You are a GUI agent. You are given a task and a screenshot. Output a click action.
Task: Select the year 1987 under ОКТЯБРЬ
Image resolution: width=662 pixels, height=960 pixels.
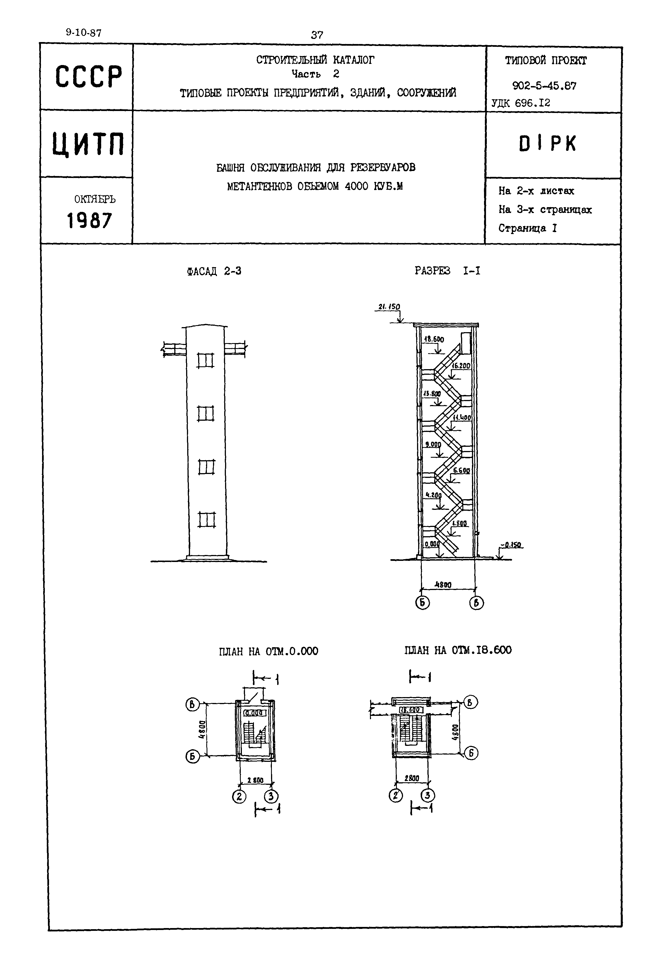click(90, 220)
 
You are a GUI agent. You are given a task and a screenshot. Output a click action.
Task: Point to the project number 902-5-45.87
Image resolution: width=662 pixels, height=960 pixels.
click(544, 86)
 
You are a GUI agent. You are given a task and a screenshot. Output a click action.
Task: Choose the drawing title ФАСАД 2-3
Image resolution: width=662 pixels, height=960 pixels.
click(214, 271)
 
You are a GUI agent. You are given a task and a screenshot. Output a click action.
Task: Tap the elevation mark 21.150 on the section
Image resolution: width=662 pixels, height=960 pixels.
click(389, 307)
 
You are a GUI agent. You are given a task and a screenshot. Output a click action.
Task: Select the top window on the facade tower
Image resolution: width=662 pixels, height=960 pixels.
click(205, 360)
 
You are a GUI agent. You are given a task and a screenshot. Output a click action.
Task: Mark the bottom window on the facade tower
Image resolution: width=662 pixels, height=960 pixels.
click(206, 519)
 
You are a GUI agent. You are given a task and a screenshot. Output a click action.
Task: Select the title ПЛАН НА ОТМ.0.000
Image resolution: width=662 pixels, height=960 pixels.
click(268, 651)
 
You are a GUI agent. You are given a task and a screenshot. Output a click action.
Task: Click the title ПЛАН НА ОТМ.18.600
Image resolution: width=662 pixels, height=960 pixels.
click(458, 650)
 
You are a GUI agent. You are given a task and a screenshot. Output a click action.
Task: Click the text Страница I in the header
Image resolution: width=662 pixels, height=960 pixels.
click(527, 228)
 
